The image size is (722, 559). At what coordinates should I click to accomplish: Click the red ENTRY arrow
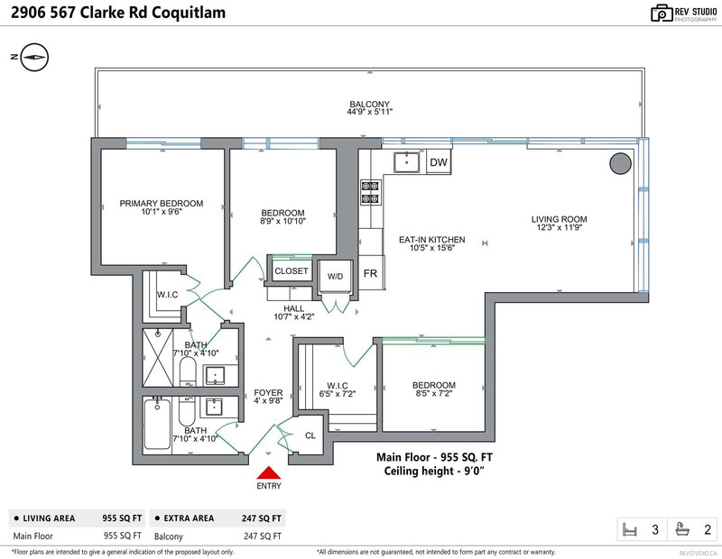coord(268,472)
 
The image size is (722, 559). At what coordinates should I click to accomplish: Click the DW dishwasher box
coord(439,162)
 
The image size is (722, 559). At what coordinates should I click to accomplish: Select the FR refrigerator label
coord(370,273)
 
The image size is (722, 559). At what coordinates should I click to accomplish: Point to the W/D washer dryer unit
coord(336,277)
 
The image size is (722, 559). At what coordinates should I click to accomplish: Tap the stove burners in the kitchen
coord(369,194)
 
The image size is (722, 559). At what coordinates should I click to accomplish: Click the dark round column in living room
coord(620,163)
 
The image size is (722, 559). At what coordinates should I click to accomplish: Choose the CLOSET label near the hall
coord(292,270)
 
